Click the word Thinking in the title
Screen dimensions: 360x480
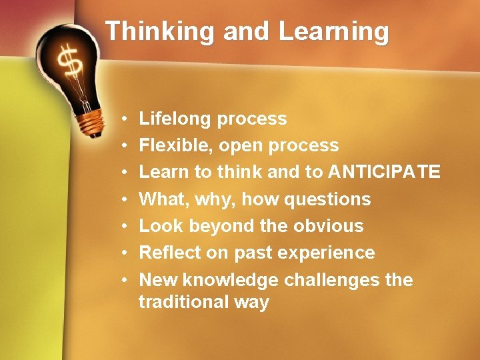pyautogui.click(x=160, y=31)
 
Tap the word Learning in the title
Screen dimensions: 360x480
pyautogui.click(x=333, y=31)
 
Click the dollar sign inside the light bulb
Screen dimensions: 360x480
pyautogui.click(x=70, y=63)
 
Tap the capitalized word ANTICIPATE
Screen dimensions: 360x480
pyautogui.click(x=384, y=172)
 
